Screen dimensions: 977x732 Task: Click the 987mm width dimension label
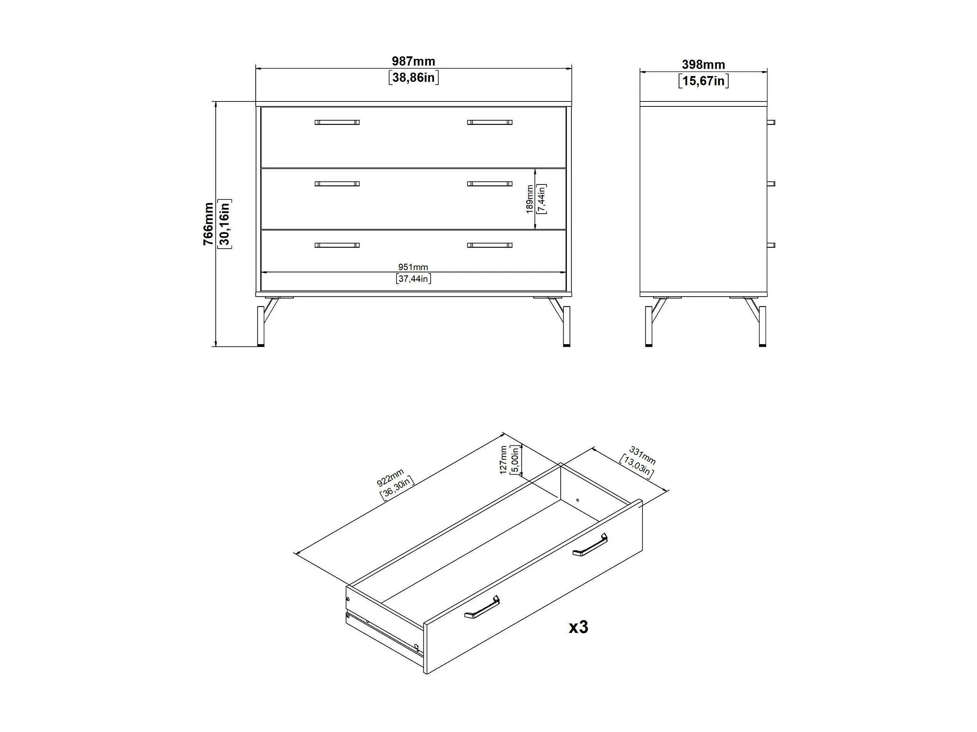[413, 61]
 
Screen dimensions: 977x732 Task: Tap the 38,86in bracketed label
[413, 78]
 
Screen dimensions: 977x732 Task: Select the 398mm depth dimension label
[703, 65]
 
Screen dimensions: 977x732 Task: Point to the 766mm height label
[208, 224]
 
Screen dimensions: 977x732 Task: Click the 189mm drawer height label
[529, 199]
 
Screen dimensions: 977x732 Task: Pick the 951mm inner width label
[413, 267]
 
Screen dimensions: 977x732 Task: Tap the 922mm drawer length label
[390, 478]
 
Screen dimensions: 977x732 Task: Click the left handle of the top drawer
[337, 122]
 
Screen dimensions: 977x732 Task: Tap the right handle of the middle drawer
[490, 184]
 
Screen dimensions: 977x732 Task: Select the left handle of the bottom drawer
[337, 245]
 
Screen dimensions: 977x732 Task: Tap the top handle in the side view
[771, 122]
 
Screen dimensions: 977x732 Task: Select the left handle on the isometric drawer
[482, 607]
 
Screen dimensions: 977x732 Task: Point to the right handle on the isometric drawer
[590, 545]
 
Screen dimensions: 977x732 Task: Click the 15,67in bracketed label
[703, 81]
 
